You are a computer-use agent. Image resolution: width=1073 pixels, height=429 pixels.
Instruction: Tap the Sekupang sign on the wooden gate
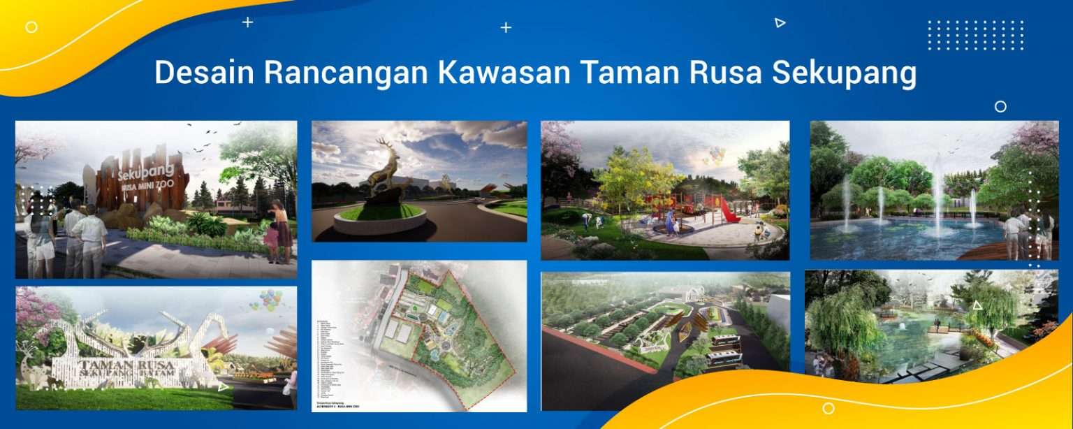coord(136,174)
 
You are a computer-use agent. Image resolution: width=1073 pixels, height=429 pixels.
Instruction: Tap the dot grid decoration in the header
coord(975,35)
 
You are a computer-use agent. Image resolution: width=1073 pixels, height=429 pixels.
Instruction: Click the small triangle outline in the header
coord(780,23)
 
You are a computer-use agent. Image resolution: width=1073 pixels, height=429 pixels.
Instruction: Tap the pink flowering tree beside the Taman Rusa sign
coord(35,312)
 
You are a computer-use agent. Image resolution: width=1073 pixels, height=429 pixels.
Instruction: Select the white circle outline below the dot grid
coord(1000,106)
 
